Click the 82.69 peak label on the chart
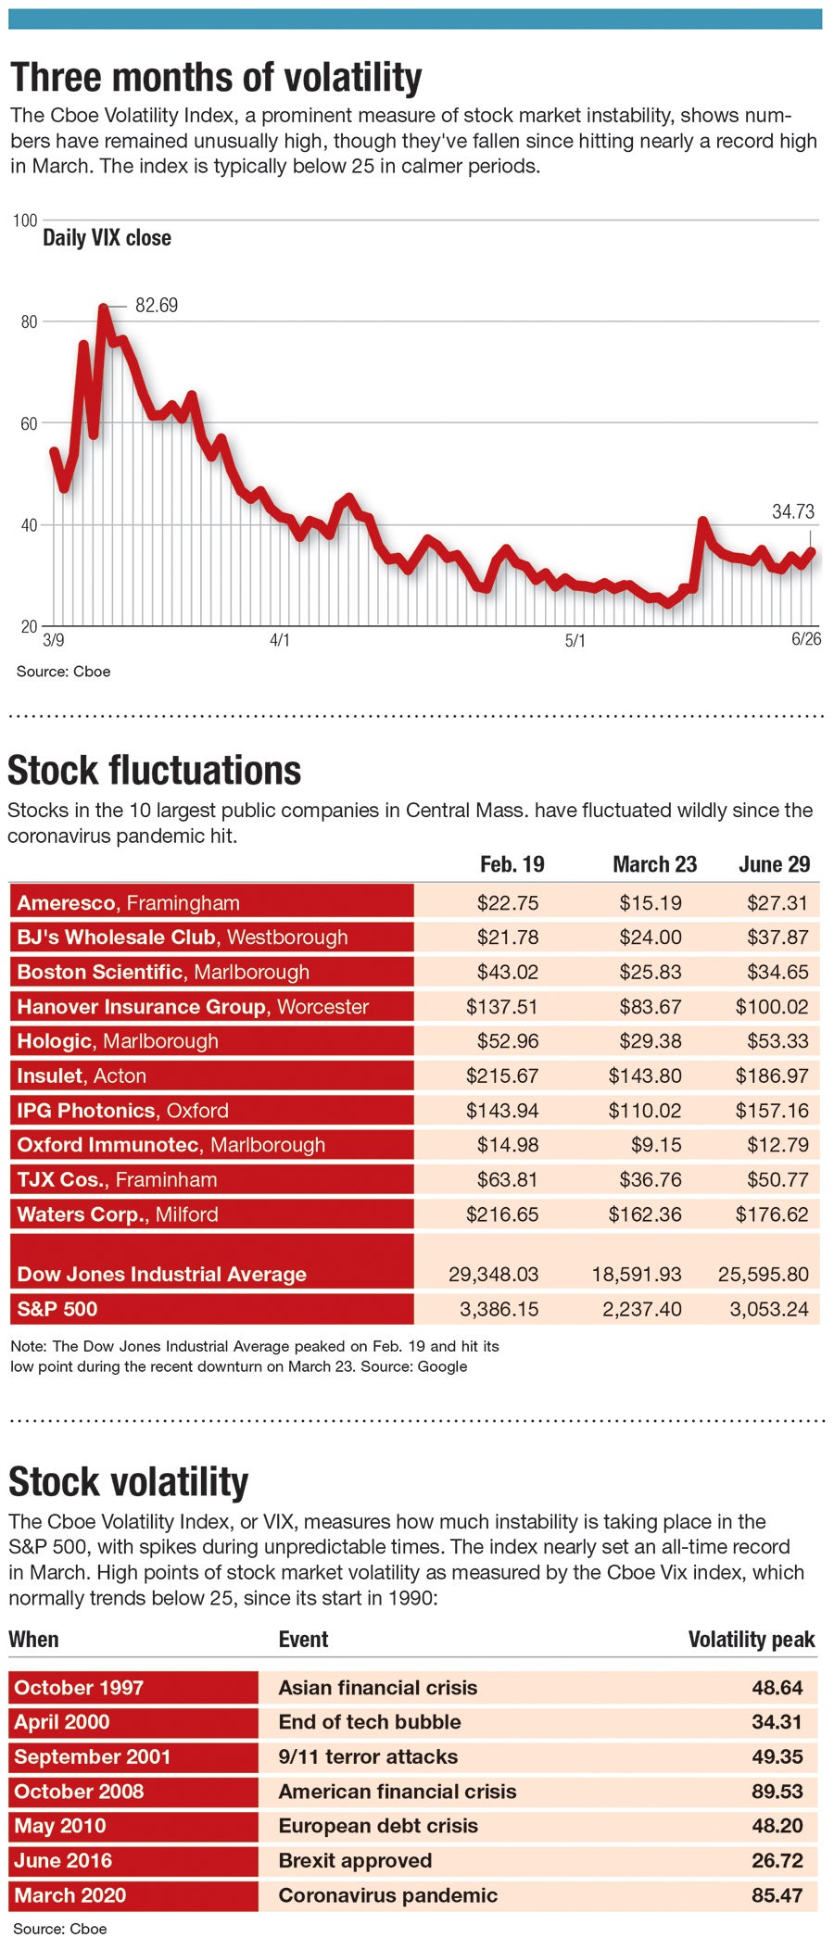point(157,306)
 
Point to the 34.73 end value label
point(792,511)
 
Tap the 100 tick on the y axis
point(26,220)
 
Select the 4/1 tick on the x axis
point(279,640)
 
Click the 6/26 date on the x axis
point(805,639)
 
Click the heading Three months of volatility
point(216,78)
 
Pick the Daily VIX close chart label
point(107,238)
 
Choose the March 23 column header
point(654,864)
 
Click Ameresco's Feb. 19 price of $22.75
point(507,903)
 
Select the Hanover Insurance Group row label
point(193,1007)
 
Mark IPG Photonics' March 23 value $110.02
point(644,1111)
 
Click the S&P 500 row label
point(57,1309)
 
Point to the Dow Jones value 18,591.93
point(637,1275)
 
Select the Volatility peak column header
point(751,1640)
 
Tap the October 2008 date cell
point(80,1792)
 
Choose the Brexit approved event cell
point(355,1861)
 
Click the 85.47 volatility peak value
point(777,1895)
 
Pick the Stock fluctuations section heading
point(155,771)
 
